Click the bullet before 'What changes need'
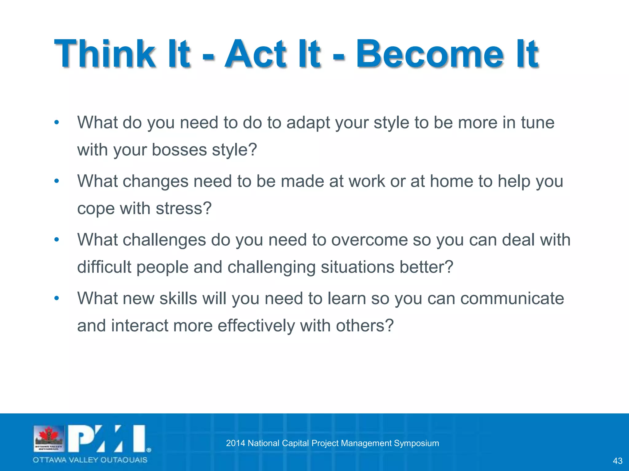[x=56, y=181]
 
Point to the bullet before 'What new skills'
[x=56, y=298]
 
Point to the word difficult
[x=104, y=267]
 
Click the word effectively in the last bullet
[x=256, y=326]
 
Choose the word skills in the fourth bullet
[x=178, y=298]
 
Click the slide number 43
[x=617, y=461]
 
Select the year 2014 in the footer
[x=235, y=443]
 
